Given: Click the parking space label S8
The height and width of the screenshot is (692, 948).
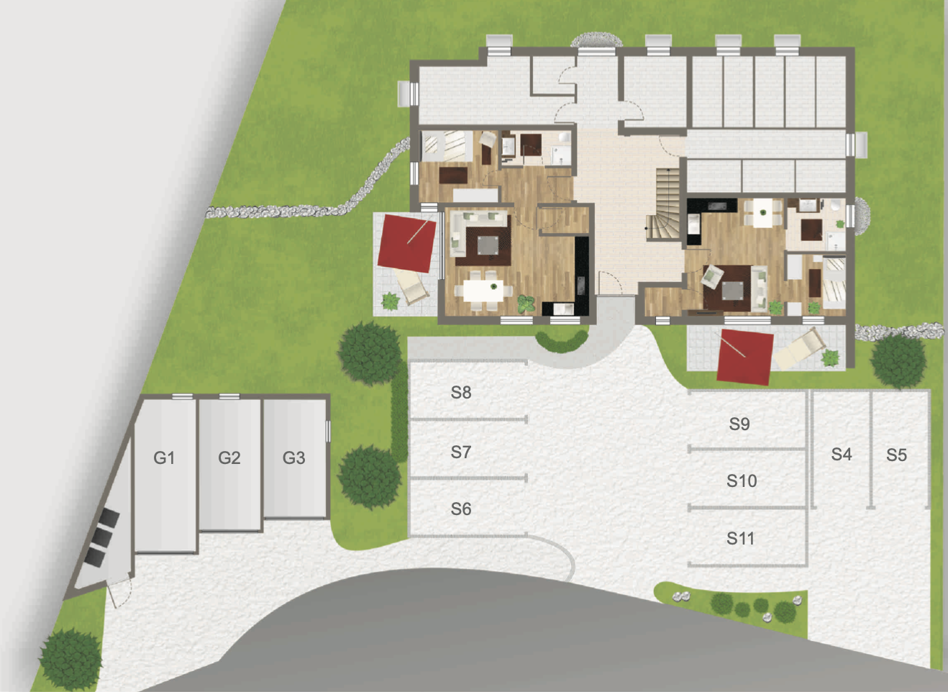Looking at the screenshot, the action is [x=461, y=392].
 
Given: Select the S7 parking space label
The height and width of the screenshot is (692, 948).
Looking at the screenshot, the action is [x=461, y=452].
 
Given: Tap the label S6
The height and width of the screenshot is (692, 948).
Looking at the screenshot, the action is [x=461, y=509].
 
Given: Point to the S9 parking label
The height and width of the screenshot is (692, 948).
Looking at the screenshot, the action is [x=739, y=424].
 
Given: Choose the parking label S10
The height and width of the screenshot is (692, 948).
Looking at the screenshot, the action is [x=742, y=481].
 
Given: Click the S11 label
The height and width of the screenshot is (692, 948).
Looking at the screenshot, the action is [x=741, y=538].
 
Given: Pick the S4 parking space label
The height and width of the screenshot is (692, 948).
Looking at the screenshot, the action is [x=842, y=454].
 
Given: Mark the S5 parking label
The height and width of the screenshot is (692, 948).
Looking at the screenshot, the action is [x=896, y=455].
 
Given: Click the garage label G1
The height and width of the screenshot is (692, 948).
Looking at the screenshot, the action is [x=164, y=457].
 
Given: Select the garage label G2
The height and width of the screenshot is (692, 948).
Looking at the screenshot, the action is [x=229, y=457].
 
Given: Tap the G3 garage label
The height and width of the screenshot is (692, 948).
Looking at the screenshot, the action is [x=293, y=457].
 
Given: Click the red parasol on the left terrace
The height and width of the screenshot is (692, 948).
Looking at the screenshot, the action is [x=406, y=244].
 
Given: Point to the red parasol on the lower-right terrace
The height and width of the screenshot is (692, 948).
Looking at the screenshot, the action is [x=745, y=358].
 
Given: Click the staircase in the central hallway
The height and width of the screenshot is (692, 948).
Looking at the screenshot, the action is [x=664, y=204].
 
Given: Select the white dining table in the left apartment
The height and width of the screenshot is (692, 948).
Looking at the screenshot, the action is [x=483, y=291].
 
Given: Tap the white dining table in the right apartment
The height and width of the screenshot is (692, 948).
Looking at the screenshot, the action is [x=763, y=213].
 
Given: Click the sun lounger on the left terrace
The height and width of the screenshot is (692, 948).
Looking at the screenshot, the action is [x=411, y=286].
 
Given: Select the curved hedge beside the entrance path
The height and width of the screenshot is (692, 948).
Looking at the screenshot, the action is [x=562, y=341].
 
